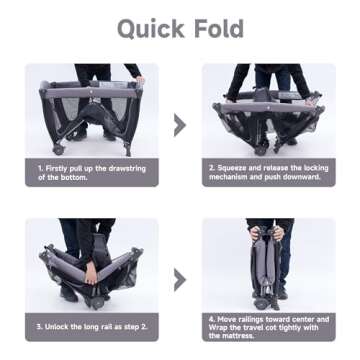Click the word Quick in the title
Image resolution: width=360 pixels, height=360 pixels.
[x=151, y=29]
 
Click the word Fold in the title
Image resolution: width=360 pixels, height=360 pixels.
[x=219, y=29]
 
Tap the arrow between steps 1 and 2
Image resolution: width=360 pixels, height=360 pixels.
[x=180, y=125]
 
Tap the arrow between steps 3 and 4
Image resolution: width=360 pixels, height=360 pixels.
[x=180, y=280]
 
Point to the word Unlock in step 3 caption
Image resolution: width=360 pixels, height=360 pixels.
[x=57, y=327]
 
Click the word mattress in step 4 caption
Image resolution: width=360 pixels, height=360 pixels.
[x=237, y=336]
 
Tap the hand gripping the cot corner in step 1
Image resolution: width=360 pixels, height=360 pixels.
[x=140, y=80]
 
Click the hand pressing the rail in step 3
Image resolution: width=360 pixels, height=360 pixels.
[x=91, y=272]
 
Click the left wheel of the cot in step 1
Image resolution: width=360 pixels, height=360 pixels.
[x=58, y=150]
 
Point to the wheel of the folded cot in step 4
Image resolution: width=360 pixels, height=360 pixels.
[x=260, y=303]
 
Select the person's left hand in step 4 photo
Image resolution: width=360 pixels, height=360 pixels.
[x=278, y=232]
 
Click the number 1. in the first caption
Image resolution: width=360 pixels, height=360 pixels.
[x=40, y=169]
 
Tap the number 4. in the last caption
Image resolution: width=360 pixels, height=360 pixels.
[x=212, y=320]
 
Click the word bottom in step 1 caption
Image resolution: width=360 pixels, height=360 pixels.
[x=73, y=177]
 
